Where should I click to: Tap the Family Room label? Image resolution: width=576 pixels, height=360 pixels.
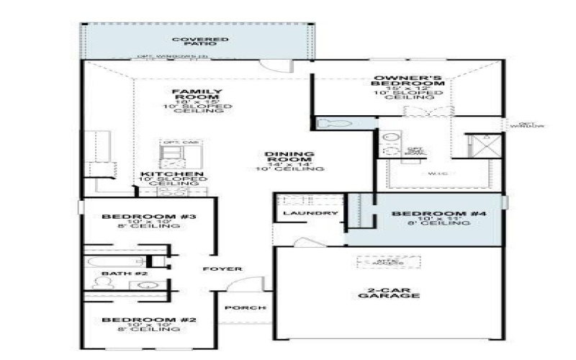(186, 96)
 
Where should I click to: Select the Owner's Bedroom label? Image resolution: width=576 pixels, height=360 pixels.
(408, 81)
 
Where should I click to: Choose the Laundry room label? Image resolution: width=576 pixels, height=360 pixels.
(310, 214)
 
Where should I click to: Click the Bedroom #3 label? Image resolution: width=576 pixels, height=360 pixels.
(140, 217)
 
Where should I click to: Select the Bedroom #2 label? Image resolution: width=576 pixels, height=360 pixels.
(140, 320)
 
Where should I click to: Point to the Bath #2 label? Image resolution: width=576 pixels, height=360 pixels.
(114, 274)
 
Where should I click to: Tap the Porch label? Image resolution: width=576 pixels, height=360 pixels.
(246, 308)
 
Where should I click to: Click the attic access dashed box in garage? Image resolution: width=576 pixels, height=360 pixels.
(378, 262)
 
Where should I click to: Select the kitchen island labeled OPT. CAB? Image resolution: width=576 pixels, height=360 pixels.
(180, 152)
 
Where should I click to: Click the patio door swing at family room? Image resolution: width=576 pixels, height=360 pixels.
(271, 66)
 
